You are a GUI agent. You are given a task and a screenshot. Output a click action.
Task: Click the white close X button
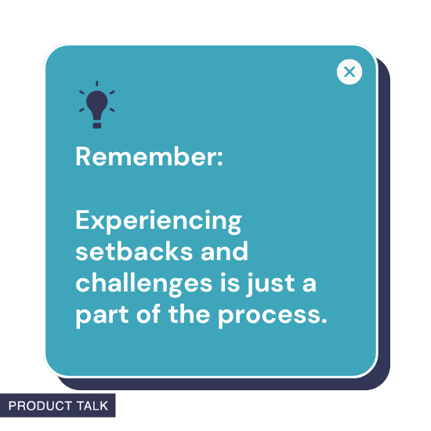coord(350,72)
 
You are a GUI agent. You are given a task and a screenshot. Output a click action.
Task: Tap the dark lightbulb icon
coord(96,106)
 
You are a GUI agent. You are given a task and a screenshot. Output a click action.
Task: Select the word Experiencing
coord(158,221)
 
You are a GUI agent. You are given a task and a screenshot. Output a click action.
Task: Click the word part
coord(98,315)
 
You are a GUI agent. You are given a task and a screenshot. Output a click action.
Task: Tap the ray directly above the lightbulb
coord(97,82)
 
